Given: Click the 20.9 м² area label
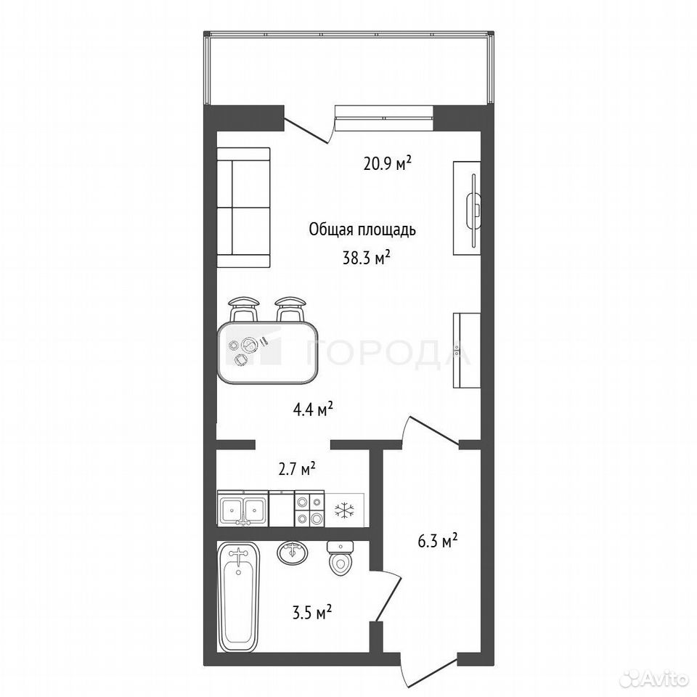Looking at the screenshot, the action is click(x=387, y=163).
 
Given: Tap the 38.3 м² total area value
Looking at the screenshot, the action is click(x=366, y=258).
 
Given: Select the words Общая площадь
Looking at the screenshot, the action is click(x=362, y=230).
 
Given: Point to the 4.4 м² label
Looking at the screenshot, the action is click(x=313, y=409).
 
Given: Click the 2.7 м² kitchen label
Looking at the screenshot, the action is click(x=297, y=469).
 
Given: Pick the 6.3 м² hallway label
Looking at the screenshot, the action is click(x=438, y=542).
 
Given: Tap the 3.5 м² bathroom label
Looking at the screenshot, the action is click(x=312, y=614).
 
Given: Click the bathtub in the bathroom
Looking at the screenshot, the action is click(x=238, y=597).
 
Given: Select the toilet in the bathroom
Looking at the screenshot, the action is click(x=340, y=558).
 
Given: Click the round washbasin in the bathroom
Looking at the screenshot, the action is click(x=292, y=553).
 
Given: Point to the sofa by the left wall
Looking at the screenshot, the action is click(x=244, y=208).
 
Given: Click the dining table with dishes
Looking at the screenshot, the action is click(x=268, y=352).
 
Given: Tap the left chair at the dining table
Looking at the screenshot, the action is click(x=244, y=309).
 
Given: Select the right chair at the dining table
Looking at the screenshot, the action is click(x=290, y=309).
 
